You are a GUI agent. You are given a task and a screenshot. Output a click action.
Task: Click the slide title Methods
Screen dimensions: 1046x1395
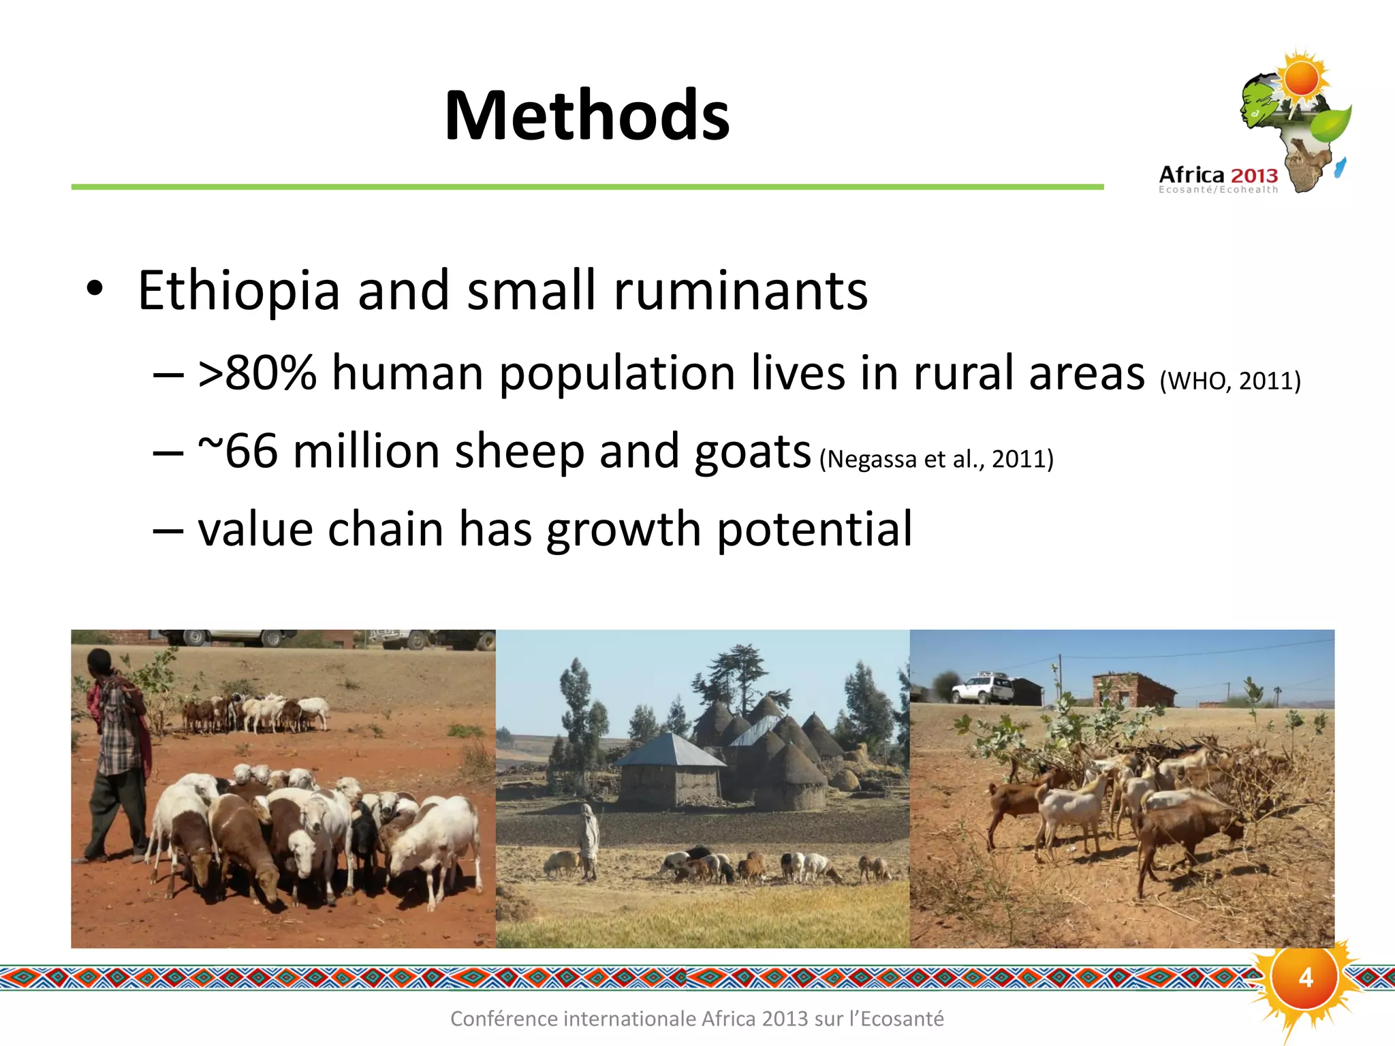pos(586,116)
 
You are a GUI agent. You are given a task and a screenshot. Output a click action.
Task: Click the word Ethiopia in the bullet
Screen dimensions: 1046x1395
pos(238,291)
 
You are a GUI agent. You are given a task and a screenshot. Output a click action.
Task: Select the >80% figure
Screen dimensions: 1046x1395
pos(257,373)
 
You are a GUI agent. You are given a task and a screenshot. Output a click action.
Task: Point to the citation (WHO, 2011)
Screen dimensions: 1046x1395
pos(1230,381)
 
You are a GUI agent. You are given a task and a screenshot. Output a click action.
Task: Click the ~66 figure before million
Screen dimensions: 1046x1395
pos(238,451)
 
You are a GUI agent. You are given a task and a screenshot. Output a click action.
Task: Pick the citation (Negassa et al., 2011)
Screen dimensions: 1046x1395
pos(937,459)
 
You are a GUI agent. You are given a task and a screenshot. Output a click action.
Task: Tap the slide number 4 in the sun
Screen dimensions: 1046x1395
pos(1305,978)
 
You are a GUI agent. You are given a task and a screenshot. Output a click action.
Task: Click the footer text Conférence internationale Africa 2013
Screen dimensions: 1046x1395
pos(697,1019)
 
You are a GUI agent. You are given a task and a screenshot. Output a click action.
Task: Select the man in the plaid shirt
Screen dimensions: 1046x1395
pos(117,749)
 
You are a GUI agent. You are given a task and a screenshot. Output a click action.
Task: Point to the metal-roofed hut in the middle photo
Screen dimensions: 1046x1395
pos(671,770)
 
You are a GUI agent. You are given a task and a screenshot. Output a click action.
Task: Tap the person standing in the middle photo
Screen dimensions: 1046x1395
pos(589,841)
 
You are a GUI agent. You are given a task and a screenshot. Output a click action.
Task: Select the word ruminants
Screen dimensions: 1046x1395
pos(740,291)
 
